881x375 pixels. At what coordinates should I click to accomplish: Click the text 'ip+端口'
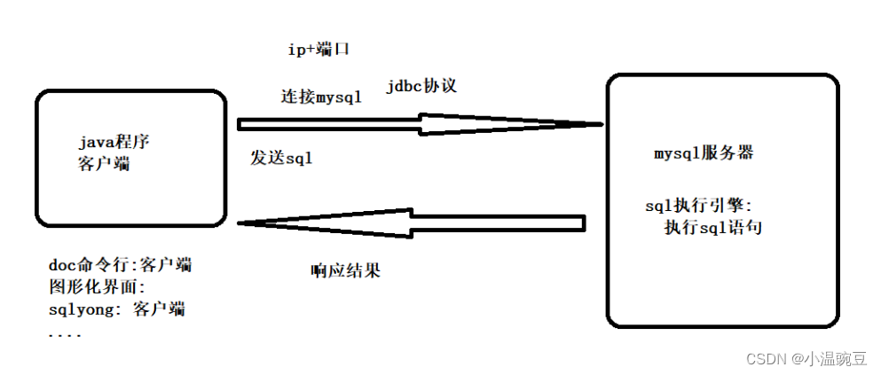coord(319,50)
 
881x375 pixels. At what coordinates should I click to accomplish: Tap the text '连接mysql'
coord(321,98)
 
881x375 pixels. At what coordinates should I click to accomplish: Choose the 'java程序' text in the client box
coord(120,142)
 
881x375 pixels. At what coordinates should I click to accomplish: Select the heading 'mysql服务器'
coord(704,152)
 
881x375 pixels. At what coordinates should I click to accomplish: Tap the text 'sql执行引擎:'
coord(698,207)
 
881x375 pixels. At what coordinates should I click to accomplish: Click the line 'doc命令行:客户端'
coord(122,265)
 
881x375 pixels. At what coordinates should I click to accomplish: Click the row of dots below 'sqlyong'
coord(65,335)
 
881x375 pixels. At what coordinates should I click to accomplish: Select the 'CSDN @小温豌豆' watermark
coord(806,358)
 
